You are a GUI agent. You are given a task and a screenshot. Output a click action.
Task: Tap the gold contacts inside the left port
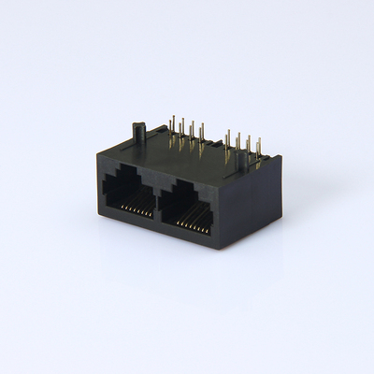point(137,209)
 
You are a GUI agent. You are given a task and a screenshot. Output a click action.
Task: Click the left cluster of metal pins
point(186,134)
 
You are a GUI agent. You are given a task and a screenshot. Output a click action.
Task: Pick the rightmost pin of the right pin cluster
point(258,150)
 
